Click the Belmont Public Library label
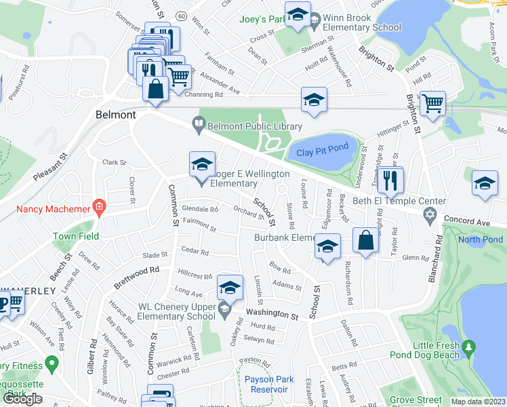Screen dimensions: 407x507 254,125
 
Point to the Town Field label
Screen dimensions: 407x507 76,236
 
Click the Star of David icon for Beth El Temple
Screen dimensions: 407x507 428,215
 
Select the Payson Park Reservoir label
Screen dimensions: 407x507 266,384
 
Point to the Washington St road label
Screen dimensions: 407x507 272,315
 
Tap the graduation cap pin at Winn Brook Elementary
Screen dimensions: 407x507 297,15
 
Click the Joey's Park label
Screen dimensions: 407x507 258,19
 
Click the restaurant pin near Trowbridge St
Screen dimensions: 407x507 390,180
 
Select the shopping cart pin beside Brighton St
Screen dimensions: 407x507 432,104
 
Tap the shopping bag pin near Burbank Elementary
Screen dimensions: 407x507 365,241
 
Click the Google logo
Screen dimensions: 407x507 23,398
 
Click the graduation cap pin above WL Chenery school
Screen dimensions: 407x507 230,288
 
